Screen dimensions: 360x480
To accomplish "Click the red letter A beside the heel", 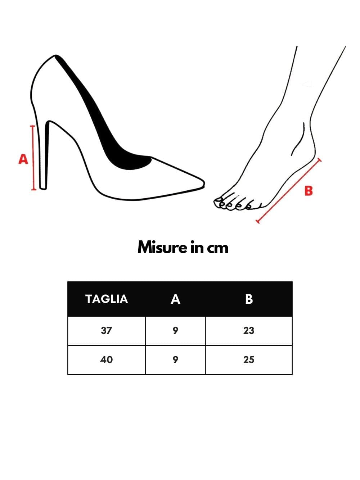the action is point(23,159).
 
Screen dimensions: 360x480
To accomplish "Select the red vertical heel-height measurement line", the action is point(33,158).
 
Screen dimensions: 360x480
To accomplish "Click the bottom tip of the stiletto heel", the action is point(43,188).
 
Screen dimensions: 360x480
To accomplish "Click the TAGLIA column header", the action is point(107,299).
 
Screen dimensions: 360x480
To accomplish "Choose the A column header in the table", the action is point(175,299).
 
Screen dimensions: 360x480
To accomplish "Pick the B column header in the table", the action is point(249,299).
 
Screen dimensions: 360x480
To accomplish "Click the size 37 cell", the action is point(107,330).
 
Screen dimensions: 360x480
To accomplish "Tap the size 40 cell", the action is point(107,360).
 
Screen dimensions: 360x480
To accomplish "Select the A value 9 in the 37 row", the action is point(175,330).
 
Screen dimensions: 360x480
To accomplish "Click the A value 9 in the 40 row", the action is point(175,360).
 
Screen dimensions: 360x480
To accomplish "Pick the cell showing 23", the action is point(249,330).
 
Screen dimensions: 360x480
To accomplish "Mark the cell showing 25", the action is point(249,360).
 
